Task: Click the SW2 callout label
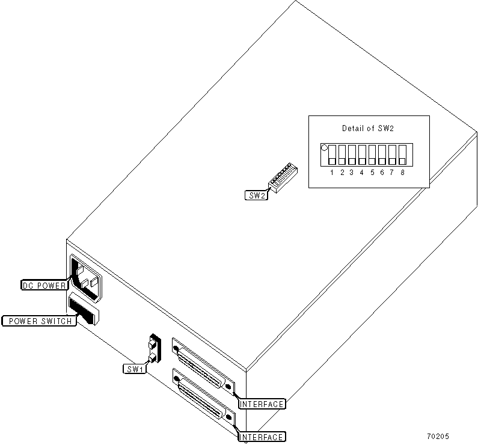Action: click(257, 195)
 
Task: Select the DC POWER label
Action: click(44, 285)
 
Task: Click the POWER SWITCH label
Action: click(39, 321)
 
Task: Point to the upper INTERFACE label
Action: click(262, 404)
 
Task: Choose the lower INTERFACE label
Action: click(262, 437)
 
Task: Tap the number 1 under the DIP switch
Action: click(332, 173)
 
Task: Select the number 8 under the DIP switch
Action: click(402, 173)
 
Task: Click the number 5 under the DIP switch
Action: click(372, 173)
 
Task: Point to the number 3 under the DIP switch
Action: click(352, 173)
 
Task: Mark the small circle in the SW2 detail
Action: click(325, 147)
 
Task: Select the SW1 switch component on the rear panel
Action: click(153, 349)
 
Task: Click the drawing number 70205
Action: click(437, 437)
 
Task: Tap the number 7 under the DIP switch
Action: click(392, 173)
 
